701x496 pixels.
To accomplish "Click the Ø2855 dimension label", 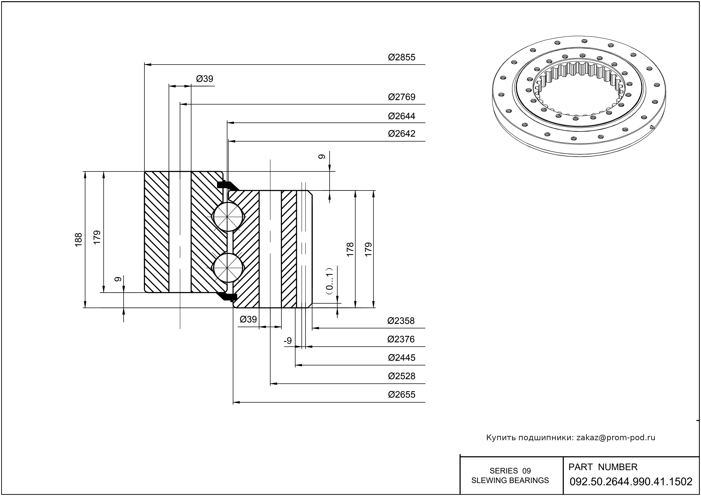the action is tap(402, 57).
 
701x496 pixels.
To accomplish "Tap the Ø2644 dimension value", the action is tap(402, 116).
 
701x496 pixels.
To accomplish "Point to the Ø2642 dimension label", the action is tap(402, 134).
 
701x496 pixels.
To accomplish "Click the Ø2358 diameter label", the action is tap(401, 321).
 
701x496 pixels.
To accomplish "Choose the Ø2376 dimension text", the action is tap(401, 339).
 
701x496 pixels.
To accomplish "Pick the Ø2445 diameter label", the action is tap(402, 358).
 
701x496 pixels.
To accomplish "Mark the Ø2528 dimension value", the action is tap(402, 376).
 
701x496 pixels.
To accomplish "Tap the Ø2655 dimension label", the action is tap(402, 395).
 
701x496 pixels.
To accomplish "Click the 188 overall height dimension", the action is tap(79, 240).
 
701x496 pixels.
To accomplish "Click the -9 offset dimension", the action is tap(288, 341).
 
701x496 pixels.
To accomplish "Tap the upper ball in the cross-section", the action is tap(228, 217).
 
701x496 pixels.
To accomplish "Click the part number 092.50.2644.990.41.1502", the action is tap(631, 482).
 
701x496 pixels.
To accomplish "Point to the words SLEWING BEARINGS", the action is tap(510, 480).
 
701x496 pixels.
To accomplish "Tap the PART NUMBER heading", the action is tap(603, 467).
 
